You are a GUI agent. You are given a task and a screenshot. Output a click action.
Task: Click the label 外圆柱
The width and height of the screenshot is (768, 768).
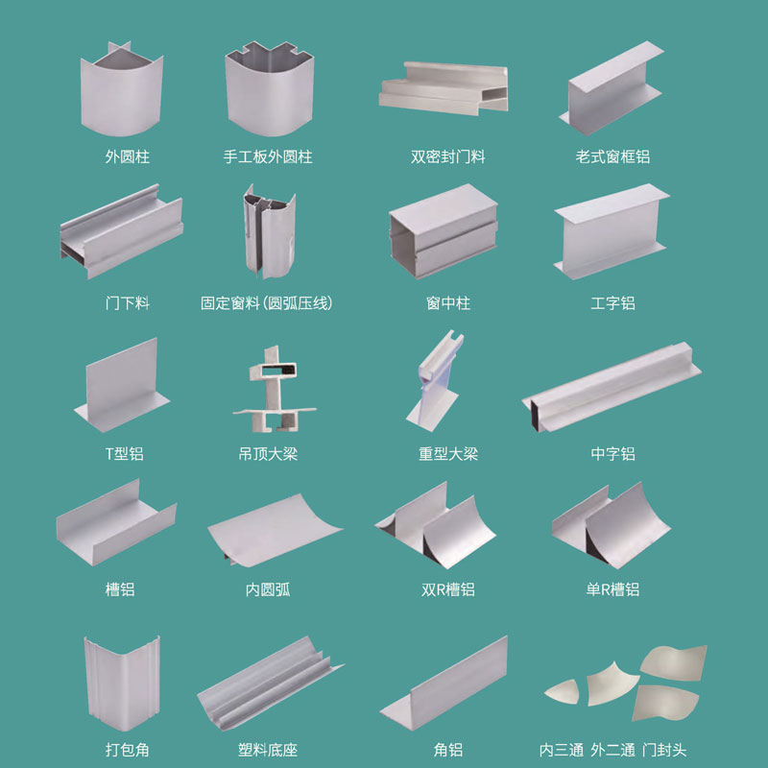coord(128,156)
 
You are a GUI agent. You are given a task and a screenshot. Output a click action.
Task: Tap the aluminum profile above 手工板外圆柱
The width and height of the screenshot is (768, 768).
coord(270,93)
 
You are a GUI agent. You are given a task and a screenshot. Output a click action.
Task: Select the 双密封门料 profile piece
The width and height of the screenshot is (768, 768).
coord(444,88)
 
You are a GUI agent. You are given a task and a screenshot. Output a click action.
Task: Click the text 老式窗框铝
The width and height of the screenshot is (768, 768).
coord(612,156)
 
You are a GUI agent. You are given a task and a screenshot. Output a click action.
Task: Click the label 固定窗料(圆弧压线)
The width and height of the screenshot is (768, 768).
coord(267,303)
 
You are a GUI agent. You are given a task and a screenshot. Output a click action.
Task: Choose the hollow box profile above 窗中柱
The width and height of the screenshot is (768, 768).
coord(444,231)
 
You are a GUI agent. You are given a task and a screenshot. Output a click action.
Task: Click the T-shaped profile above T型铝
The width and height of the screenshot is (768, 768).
coord(122,387)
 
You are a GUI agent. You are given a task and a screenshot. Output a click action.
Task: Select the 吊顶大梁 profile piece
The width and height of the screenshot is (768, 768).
coord(274,390)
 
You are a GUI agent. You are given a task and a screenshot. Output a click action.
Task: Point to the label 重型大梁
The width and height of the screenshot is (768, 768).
coord(448,454)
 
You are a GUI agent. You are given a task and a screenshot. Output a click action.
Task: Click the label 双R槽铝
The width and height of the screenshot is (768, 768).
coord(448,589)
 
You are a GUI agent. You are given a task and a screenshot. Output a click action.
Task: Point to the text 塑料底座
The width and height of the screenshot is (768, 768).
coord(268,750)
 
